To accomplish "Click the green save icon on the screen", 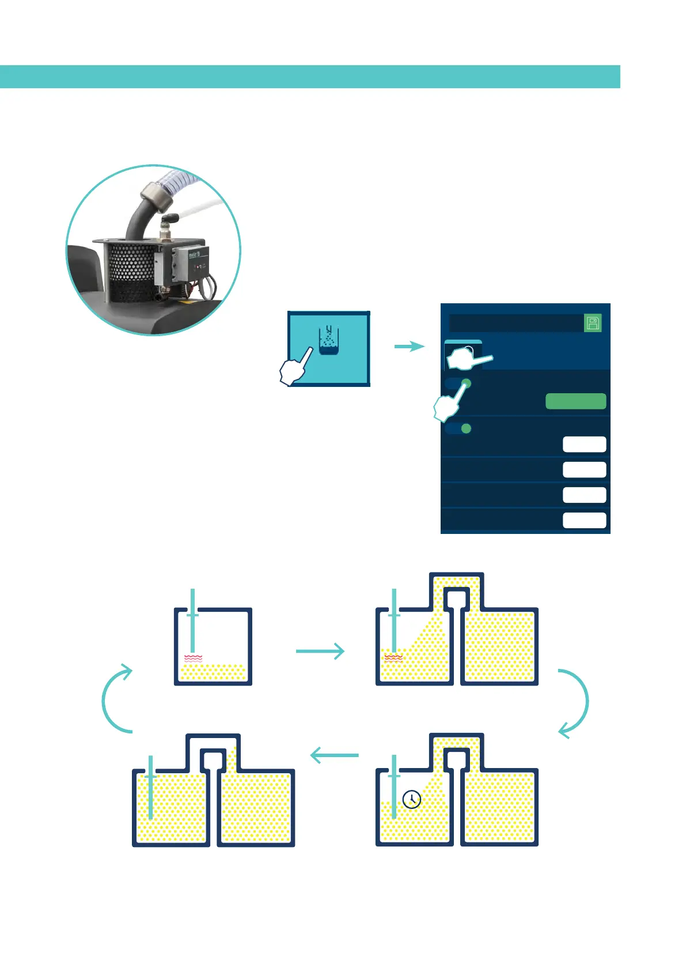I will (593, 323).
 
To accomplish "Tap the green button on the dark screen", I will (575, 401).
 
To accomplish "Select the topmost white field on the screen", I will (584, 444).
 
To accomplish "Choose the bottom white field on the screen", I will (584, 520).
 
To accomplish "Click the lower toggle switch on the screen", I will (458, 428).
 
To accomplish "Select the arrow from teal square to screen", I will (409, 346).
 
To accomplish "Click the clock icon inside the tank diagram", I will (411, 799).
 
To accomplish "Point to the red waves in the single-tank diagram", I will (193, 658).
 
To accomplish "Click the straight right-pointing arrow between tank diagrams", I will (320, 651).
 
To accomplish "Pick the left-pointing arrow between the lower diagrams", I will (334, 755).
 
